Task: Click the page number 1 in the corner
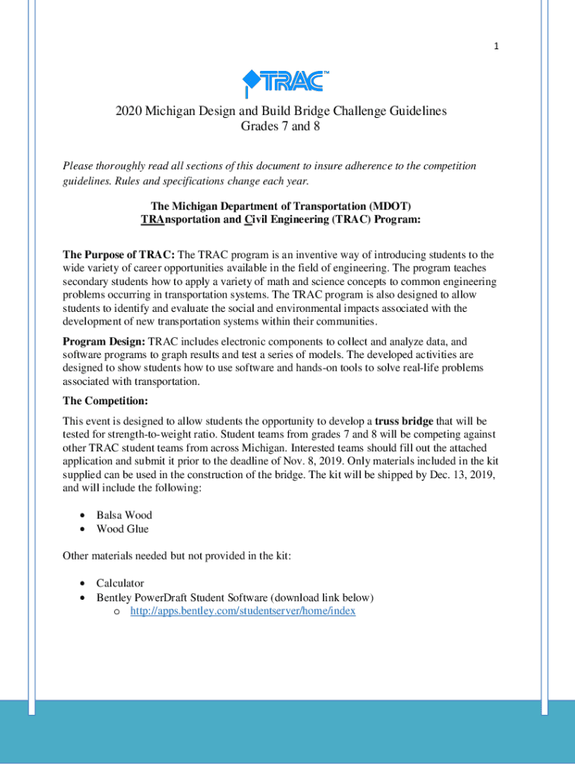[x=495, y=47]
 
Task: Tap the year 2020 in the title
[x=128, y=111]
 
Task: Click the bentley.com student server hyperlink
[x=243, y=611]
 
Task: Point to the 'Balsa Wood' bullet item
[x=124, y=515]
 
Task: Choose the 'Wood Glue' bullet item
[x=122, y=529]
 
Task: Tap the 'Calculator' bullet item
[x=120, y=583]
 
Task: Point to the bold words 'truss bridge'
[x=404, y=421]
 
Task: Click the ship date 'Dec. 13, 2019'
[x=455, y=475]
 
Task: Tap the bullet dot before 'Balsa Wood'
[x=80, y=516]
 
